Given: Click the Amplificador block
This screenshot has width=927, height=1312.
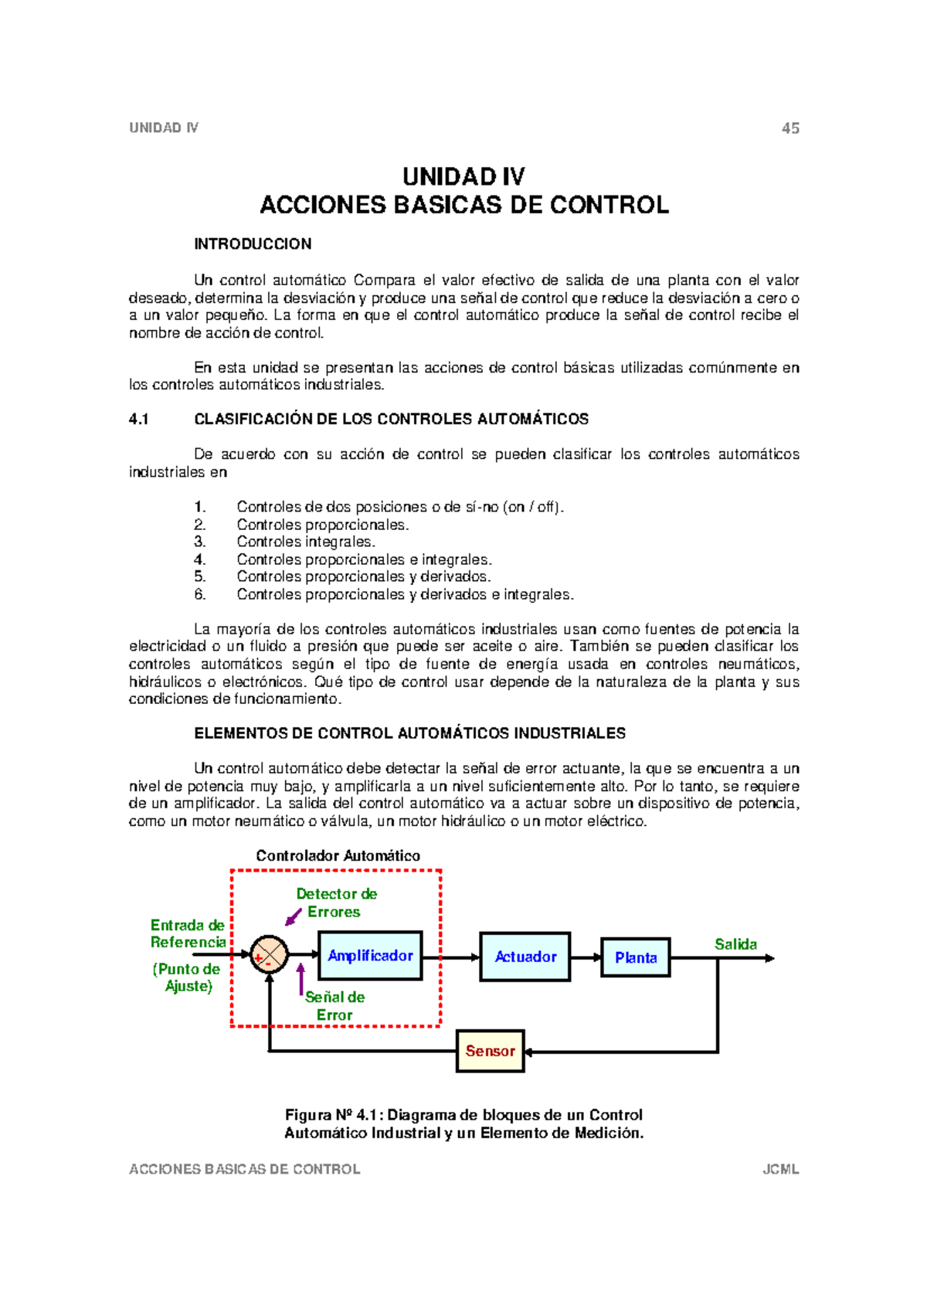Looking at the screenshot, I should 370,956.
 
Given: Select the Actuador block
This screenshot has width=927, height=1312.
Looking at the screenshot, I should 525,957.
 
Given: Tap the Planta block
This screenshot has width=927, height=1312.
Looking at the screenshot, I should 635,957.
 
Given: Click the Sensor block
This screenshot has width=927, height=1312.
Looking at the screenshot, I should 490,1051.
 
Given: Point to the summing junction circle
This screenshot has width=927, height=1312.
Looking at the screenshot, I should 269,955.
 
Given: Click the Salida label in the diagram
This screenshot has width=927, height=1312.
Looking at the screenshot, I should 735,944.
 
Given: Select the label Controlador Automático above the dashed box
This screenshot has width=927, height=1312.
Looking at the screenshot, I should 338,855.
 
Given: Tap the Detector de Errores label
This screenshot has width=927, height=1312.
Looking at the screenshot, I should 336,902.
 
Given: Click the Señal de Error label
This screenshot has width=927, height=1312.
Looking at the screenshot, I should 334,1006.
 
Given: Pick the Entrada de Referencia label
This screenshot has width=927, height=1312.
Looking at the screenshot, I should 188,933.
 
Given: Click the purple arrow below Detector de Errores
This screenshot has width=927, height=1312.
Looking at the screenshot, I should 294,917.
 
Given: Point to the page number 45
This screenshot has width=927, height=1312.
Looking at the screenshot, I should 790,128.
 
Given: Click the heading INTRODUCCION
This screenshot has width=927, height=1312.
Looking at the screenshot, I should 253,244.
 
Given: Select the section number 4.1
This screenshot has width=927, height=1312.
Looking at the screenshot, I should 138,419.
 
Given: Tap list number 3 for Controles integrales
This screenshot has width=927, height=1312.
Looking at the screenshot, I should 199,542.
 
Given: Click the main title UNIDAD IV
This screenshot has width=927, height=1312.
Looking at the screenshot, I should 463,177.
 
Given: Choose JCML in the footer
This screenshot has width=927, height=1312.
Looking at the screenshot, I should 780,1169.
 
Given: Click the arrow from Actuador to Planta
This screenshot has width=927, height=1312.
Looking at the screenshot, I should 586,957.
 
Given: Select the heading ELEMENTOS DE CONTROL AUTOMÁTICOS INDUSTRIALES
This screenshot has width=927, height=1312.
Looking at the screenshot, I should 409,733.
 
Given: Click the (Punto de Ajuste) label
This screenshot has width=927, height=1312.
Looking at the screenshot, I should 187,977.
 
